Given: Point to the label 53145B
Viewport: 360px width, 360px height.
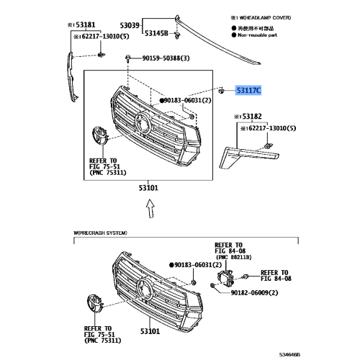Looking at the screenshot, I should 156,33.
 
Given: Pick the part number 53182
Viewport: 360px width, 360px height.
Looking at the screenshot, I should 251,116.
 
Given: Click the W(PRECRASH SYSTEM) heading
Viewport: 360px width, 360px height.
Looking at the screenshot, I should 100,233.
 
